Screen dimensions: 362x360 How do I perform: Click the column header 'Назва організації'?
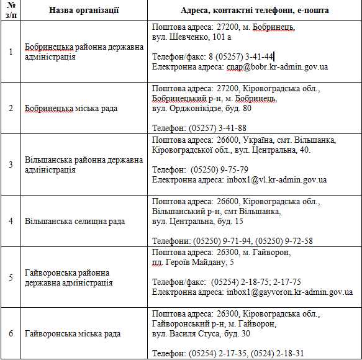point(84,11)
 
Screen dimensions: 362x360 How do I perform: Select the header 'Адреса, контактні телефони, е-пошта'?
point(255,11)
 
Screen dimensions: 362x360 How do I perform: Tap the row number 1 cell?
point(11,52)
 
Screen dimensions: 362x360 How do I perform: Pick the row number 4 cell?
point(11,221)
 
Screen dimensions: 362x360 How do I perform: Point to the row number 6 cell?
point(11,333)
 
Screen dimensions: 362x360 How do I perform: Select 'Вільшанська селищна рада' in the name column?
point(75,221)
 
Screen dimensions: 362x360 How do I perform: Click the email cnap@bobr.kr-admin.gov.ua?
point(277,66)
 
